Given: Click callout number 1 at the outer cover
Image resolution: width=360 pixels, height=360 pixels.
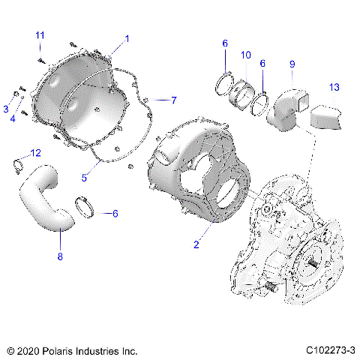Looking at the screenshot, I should (x=127, y=38).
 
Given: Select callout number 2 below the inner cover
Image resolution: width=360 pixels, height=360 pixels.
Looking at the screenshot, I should (x=196, y=244).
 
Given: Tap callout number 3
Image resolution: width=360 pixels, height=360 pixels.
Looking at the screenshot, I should (x=5, y=109).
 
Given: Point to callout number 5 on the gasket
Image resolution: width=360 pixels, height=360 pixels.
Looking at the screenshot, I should (x=85, y=178).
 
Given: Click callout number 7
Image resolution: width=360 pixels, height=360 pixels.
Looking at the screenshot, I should (x=173, y=100).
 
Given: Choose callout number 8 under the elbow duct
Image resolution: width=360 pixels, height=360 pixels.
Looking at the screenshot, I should (x=61, y=257).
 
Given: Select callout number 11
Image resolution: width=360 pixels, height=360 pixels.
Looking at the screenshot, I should (x=40, y=35).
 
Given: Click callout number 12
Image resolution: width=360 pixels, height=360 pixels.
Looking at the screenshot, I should (x=35, y=153).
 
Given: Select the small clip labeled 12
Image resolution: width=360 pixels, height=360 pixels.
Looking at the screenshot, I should (x=22, y=165).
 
